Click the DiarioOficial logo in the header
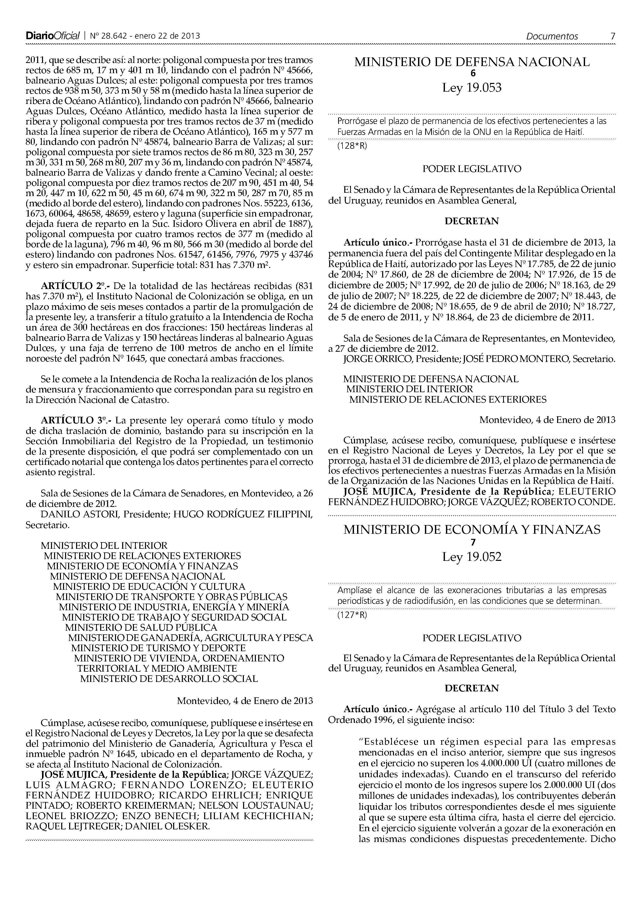53,36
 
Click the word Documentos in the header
552,36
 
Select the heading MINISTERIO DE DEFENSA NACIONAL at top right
472,62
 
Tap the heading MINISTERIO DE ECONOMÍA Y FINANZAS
472,530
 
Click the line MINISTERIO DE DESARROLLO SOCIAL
169,679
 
